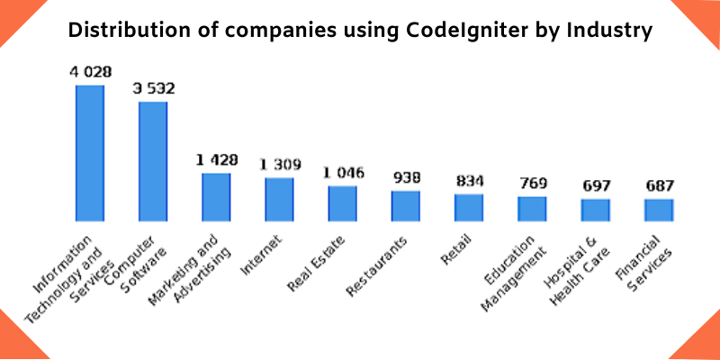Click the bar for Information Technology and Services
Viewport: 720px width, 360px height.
[90, 153]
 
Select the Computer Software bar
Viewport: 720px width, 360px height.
[153, 161]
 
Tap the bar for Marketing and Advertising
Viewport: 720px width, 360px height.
[216, 197]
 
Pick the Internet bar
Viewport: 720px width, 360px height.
[279, 199]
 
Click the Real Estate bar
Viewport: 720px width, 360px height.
[342, 203]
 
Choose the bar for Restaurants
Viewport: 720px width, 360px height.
[406, 206]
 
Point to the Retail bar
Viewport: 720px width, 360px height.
[469, 208]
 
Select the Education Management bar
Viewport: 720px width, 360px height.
[532, 209]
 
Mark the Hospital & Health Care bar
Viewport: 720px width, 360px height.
[595, 210]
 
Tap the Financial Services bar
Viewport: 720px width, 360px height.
[659, 210]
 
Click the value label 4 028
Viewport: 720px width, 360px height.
[89, 72]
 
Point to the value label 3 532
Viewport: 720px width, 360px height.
[153, 89]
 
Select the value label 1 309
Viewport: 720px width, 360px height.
[280, 165]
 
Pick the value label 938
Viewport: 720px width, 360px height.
[406, 177]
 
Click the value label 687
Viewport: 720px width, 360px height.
[659, 185]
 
